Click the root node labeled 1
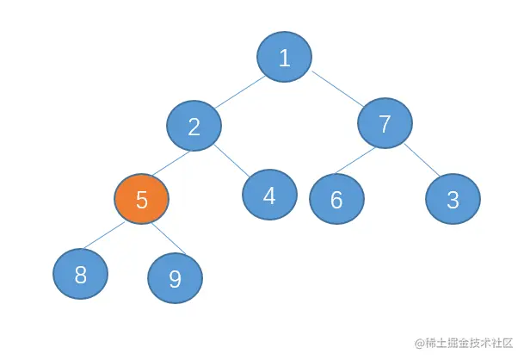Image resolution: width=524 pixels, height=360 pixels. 284,58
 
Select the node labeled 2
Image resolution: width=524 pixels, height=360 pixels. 194,127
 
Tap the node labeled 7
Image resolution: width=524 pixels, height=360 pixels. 385,124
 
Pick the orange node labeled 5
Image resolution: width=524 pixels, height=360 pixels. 142,200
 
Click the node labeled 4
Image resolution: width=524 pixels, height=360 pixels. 269,196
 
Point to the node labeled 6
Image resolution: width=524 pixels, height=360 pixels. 336,199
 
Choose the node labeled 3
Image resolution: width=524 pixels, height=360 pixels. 453,199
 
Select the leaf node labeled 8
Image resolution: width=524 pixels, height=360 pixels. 81,275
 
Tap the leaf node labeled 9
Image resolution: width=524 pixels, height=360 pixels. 175,278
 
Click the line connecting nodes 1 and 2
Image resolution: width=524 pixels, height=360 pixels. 238,92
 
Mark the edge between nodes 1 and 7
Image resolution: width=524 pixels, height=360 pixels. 335,89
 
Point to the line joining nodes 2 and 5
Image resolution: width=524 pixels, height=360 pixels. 168,163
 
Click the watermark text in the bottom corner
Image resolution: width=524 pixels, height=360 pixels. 465,343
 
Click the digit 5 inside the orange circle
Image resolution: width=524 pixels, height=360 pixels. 142,200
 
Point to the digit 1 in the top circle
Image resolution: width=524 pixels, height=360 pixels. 284,58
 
